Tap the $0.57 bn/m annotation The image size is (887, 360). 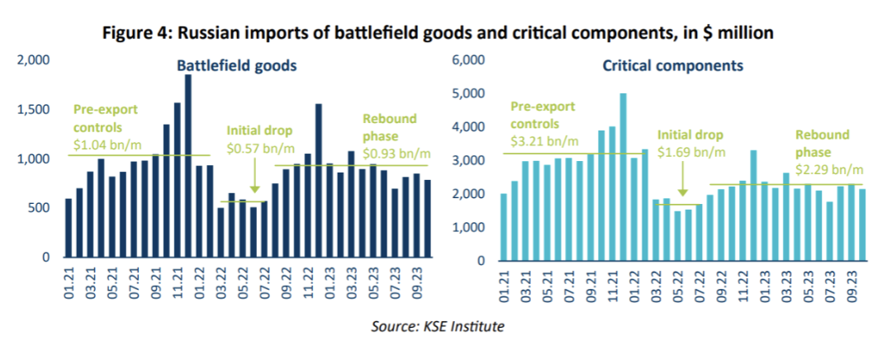pos(259,148)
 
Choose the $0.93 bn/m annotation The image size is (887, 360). pos(397,153)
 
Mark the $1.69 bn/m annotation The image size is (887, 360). pos(690,153)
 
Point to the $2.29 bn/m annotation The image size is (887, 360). pos(829,171)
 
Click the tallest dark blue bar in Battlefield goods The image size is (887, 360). pos(188,165)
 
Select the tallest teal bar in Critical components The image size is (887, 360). pos(624,177)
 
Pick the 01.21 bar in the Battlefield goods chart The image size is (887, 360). pos(69,228)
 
